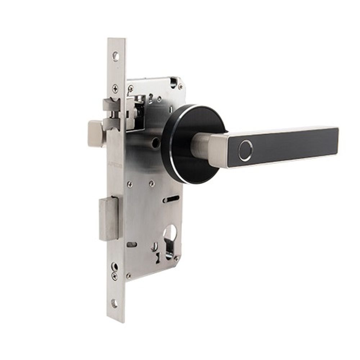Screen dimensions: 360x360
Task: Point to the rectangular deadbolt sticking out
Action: point(109,219)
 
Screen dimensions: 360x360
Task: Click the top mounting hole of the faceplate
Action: point(115,56)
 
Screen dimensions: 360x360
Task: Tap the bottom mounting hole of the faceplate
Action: point(114,303)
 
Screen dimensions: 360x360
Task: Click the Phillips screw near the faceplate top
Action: point(115,87)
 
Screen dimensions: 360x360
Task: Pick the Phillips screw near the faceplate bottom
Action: point(114,275)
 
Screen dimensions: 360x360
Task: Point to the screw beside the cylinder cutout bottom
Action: point(176,258)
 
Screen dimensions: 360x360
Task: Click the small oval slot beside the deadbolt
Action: point(132,245)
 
